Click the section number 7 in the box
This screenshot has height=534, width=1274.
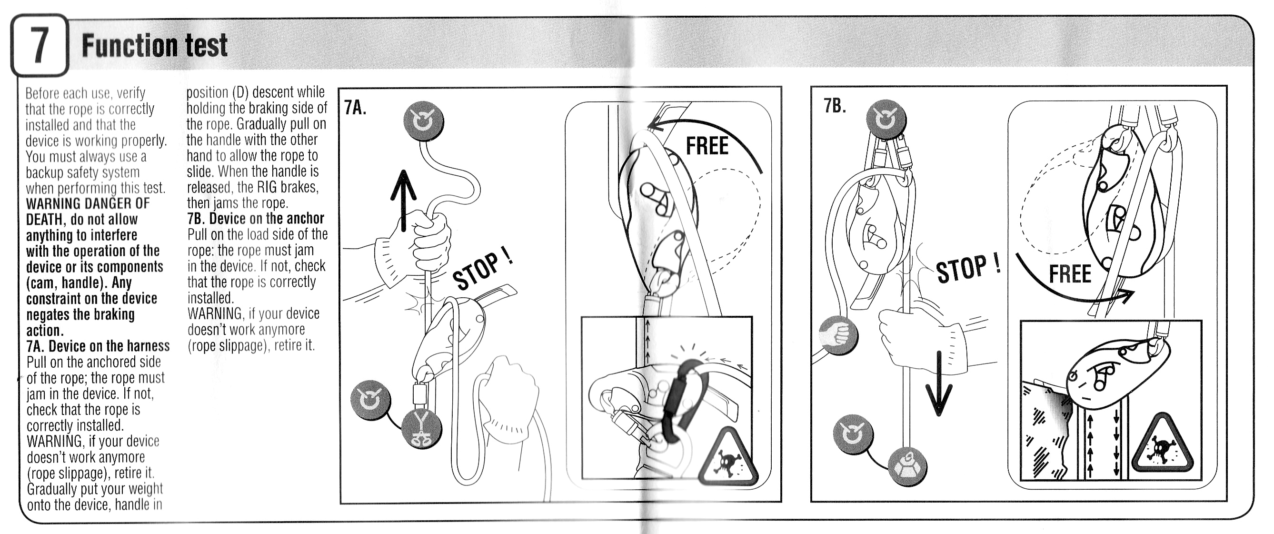point(39,45)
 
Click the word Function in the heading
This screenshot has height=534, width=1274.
point(130,46)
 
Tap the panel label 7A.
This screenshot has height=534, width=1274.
point(355,107)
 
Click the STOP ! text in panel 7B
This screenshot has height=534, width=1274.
point(968,269)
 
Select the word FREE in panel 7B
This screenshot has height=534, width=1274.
point(1070,274)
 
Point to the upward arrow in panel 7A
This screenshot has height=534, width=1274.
point(404,201)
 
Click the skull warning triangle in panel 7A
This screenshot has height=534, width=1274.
point(727,457)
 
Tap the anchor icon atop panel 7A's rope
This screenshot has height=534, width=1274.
point(423,121)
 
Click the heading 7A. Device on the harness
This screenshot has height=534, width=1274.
point(98,346)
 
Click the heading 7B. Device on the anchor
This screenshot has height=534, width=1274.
point(256,218)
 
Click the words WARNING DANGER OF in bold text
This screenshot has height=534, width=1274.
point(88,203)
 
